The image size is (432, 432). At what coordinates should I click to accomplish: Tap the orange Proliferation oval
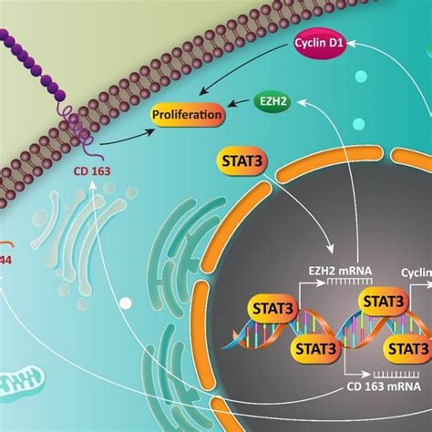(x=187, y=116)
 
